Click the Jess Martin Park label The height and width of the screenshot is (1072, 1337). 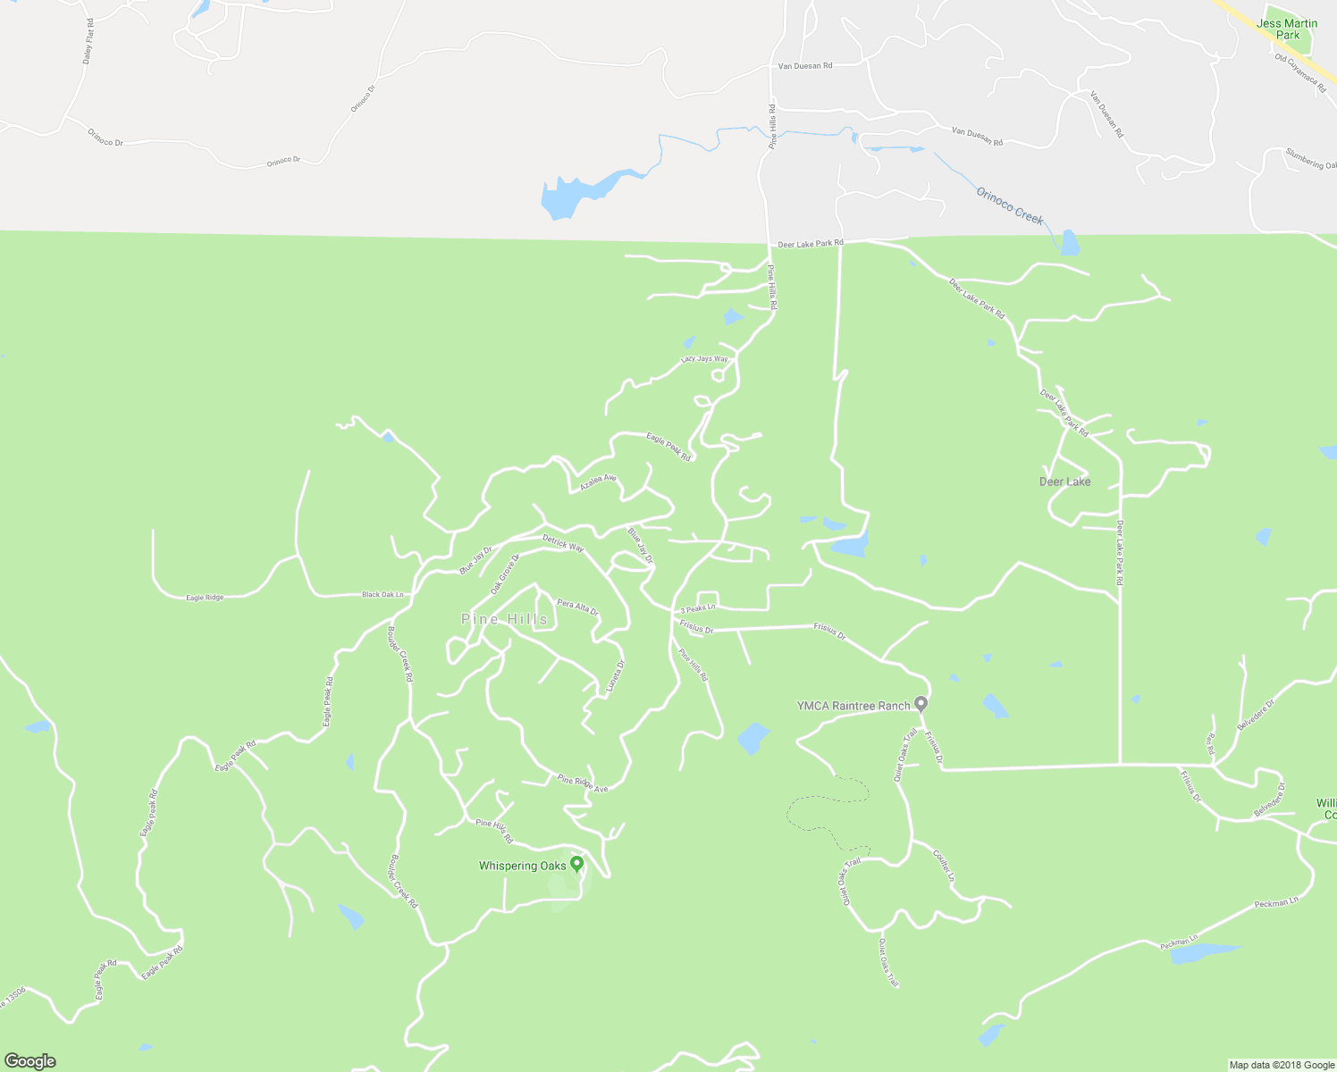click(x=1287, y=29)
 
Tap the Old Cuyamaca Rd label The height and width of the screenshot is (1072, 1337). click(x=1300, y=72)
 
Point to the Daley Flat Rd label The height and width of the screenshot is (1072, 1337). click(x=88, y=41)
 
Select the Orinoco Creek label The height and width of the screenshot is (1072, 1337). click(x=1009, y=205)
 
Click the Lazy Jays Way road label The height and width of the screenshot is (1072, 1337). click(x=704, y=359)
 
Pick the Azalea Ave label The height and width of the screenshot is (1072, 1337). click(x=598, y=482)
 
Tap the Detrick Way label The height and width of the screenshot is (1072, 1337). click(x=563, y=542)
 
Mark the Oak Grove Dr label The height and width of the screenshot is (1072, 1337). click(x=505, y=574)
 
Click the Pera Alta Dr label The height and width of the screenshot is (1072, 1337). click(x=577, y=607)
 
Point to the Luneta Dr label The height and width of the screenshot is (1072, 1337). click(x=616, y=677)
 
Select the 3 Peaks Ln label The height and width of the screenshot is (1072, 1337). click(x=697, y=608)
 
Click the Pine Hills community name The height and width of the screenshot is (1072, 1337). click(x=504, y=619)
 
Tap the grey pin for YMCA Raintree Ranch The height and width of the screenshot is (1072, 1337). click(x=921, y=705)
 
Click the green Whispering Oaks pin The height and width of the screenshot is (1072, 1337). click(x=577, y=864)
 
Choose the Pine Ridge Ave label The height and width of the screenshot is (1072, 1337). click(x=583, y=783)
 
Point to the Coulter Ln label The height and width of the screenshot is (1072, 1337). click(x=944, y=867)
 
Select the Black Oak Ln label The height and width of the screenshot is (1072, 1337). click(x=383, y=594)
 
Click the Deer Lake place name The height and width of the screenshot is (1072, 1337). click(x=1064, y=482)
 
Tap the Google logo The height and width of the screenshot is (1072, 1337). click(x=29, y=1061)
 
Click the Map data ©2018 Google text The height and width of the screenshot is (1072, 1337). click(x=1281, y=1065)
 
